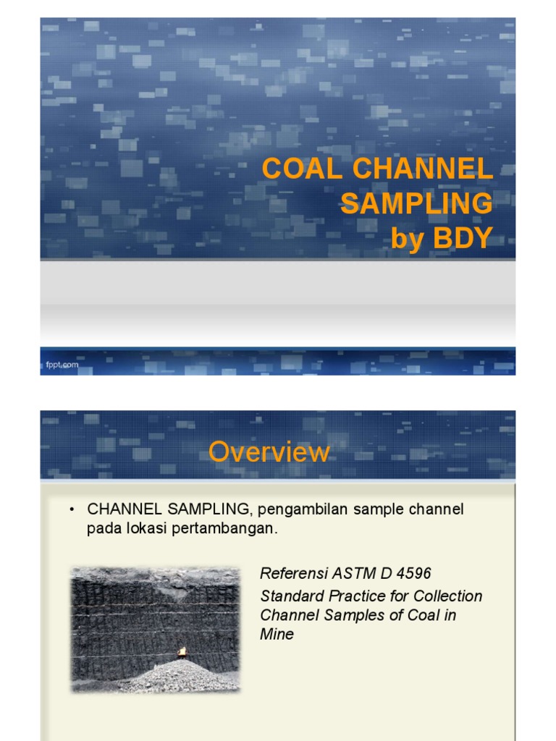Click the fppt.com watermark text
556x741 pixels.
(57, 365)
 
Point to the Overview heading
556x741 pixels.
(269, 452)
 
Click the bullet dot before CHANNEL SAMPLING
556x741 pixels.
(72, 509)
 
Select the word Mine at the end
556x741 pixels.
(277, 635)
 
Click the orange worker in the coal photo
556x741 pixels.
(181, 652)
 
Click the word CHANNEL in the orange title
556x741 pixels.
(422, 169)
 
